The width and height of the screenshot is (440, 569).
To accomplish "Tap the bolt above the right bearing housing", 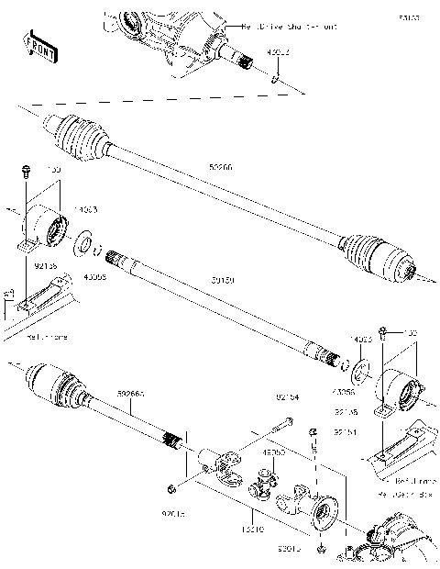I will click(384, 330).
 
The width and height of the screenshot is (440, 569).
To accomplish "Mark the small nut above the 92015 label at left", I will click(171, 485).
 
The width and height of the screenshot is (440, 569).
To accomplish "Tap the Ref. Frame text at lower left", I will click(48, 337).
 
